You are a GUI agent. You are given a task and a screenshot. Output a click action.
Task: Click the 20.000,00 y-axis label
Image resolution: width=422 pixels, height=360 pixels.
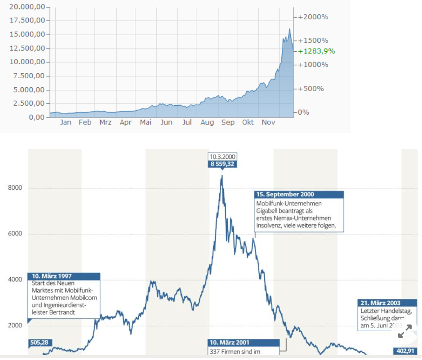[x=27, y=7]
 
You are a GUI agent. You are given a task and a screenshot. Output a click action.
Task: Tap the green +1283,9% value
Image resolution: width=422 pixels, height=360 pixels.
[x=316, y=51]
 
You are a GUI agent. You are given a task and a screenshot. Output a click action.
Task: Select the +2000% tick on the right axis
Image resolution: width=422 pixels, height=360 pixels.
[x=313, y=17]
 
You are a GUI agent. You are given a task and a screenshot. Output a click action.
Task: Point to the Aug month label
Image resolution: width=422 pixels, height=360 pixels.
[x=207, y=122]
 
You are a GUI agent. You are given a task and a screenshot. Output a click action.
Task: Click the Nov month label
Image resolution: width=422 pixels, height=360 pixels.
[x=268, y=122]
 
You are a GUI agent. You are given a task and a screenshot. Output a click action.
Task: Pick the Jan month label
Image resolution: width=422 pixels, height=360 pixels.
[x=66, y=122]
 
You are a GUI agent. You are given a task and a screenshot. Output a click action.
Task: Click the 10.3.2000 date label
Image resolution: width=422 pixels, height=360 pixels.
[x=222, y=157]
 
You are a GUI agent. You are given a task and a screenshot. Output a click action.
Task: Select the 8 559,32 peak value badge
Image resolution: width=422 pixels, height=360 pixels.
[x=222, y=164]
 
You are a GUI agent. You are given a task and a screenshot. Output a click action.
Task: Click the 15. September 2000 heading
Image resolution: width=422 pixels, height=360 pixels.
[x=285, y=195]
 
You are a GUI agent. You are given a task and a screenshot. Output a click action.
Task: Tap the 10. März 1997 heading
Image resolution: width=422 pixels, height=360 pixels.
[x=51, y=276]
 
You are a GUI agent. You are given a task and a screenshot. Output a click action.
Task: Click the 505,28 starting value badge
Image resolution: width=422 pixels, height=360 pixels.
[x=39, y=342]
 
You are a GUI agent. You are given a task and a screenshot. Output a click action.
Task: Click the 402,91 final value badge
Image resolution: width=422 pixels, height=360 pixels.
[x=405, y=351]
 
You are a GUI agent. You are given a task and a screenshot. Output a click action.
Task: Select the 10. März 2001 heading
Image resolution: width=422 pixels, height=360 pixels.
[x=229, y=342]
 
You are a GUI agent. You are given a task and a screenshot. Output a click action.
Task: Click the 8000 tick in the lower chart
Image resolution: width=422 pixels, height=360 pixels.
[x=15, y=188]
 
